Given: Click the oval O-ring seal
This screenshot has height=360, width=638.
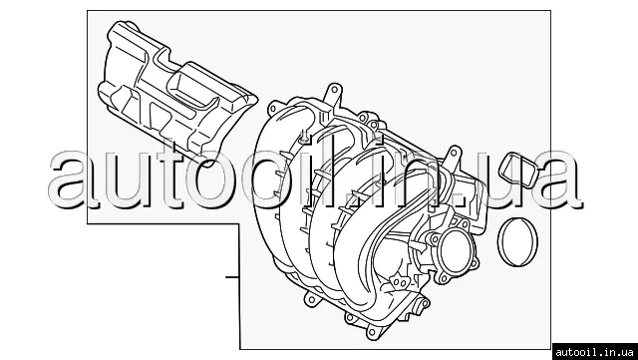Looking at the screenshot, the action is (x=499, y=241).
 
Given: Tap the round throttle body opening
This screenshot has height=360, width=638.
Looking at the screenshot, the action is (x=457, y=251).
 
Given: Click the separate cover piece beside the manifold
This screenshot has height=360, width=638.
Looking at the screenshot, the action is (x=177, y=95).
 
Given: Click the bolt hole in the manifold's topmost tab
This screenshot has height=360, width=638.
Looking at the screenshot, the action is (x=334, y=89).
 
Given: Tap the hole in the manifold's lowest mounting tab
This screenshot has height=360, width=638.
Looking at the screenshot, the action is (x=371, y=333).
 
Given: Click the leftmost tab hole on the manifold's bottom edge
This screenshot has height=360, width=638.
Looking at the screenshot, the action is (x=312, y=301).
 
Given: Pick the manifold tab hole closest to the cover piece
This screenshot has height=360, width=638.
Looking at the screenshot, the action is (x=273, y=109).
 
